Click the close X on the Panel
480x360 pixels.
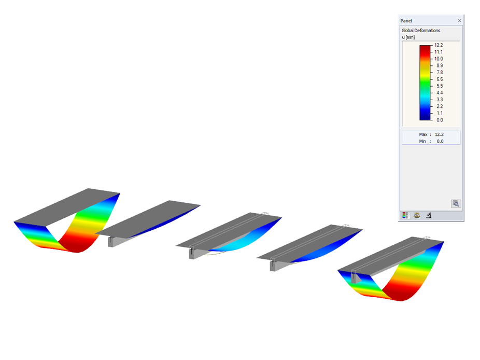(459, 21)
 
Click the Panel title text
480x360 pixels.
(406, 21)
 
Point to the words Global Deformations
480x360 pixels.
(420, 31)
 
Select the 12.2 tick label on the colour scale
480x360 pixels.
(439, 46)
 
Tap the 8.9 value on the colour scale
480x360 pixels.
(439, 66)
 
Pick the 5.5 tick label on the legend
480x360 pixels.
(439, 86)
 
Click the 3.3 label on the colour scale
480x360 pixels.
(439, 100)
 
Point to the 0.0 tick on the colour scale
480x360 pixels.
(439, 120)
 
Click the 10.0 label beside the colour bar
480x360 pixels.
(439, 59)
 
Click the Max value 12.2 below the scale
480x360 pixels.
(439, 134)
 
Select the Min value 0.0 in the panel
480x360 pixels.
(439, 141)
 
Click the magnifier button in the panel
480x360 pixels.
(456, 204)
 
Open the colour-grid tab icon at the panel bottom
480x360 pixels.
(405, 215)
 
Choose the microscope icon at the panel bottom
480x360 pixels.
(429, 215)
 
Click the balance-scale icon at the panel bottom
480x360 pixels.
(417, 215)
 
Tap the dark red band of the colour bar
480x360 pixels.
(425, 49)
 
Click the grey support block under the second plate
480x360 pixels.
(112, 241)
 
